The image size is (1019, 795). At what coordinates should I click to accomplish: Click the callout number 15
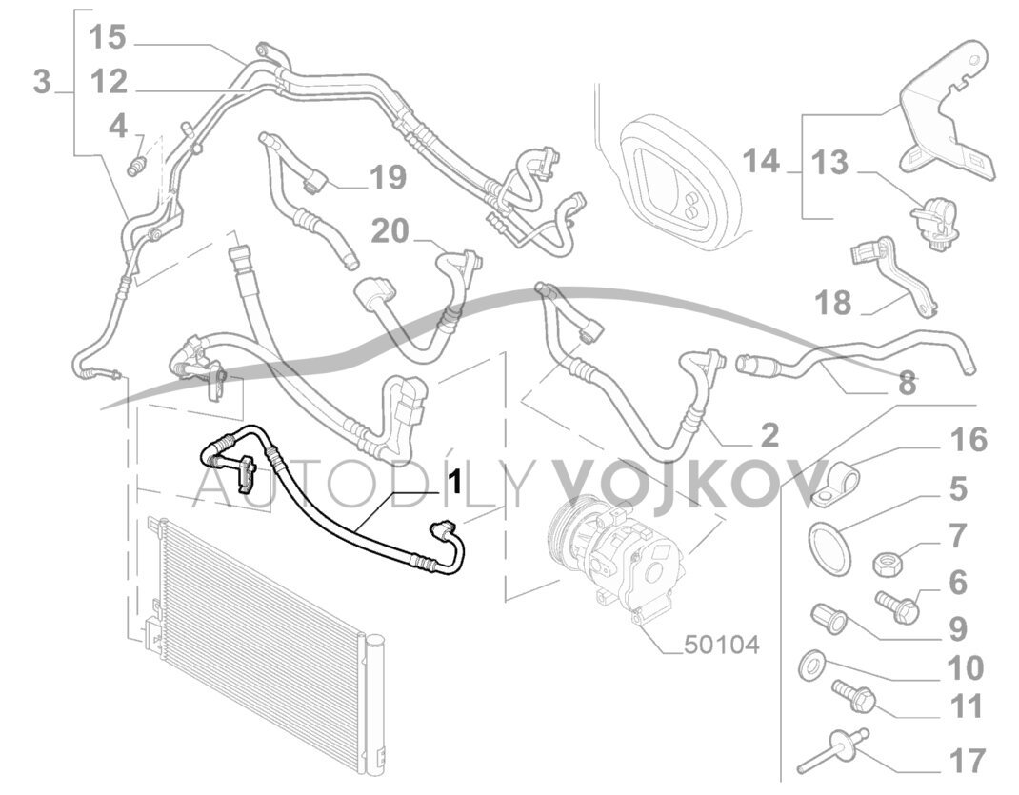107,38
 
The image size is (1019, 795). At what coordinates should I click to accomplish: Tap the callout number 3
42,82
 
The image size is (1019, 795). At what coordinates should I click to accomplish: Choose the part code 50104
722,646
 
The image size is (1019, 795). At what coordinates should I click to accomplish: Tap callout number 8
907,384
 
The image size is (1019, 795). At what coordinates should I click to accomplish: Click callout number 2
769,436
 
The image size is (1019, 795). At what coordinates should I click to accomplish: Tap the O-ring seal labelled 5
829,547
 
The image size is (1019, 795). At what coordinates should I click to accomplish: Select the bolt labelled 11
851,697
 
